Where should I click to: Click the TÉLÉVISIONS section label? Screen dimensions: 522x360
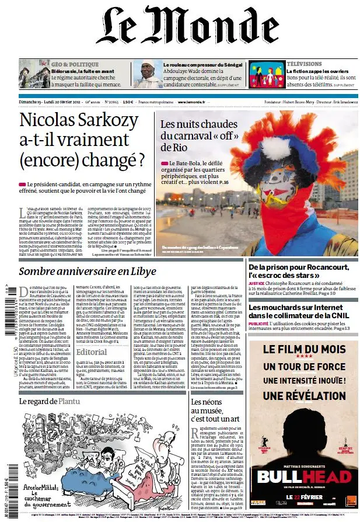[304, 64]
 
